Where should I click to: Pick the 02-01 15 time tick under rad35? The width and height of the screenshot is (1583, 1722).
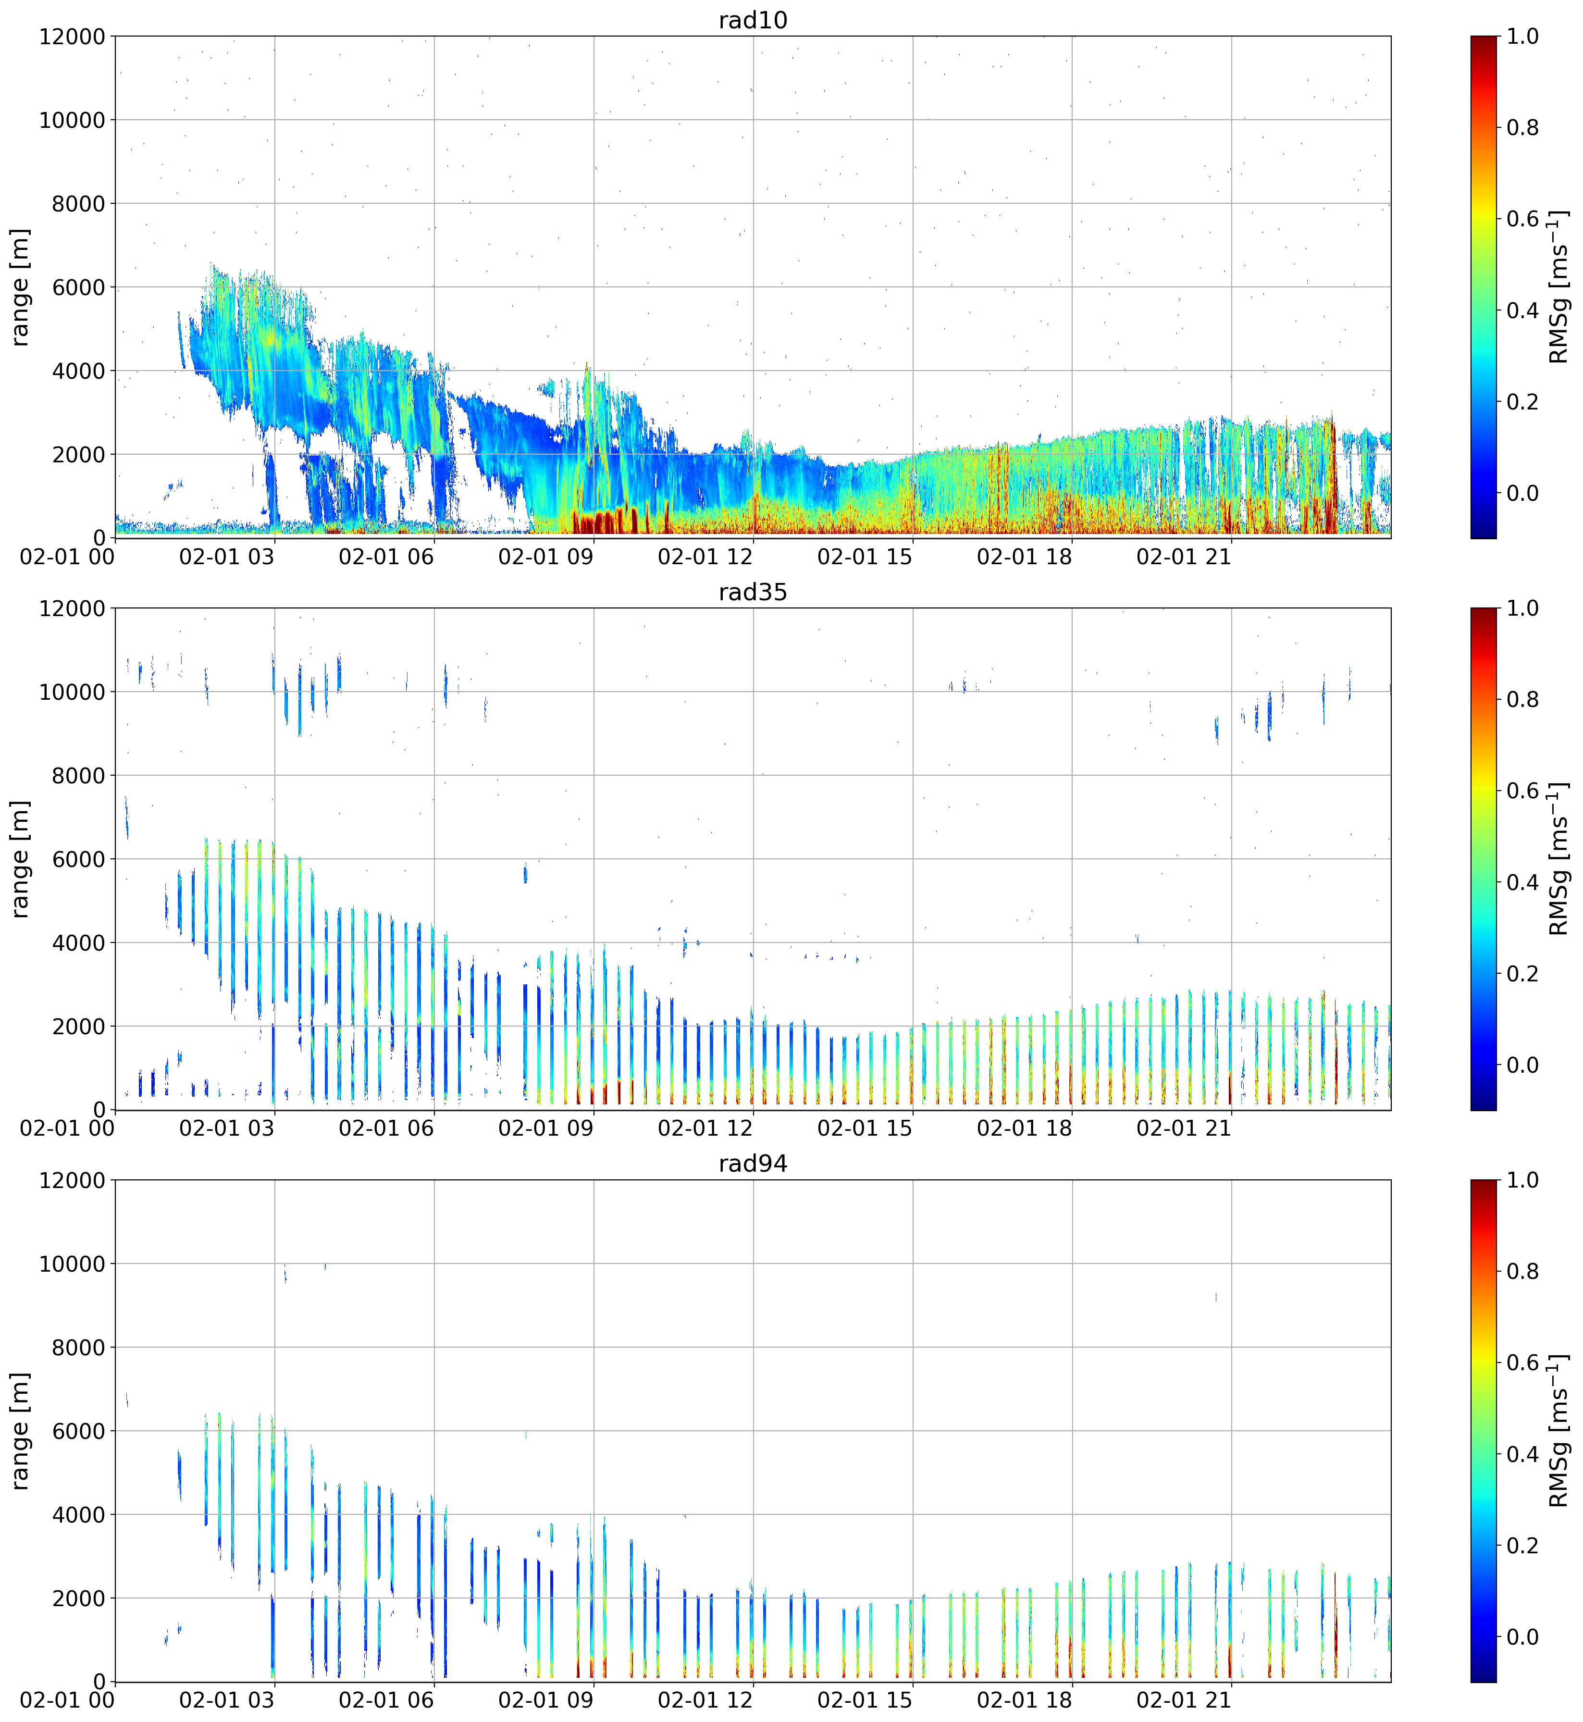[865, 1128]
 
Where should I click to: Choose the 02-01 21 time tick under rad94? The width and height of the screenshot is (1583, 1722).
[1184, 1700]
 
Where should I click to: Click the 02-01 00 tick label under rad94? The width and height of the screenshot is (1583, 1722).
[67, 1700]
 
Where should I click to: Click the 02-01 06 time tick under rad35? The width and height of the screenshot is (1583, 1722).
[386, 1128]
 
